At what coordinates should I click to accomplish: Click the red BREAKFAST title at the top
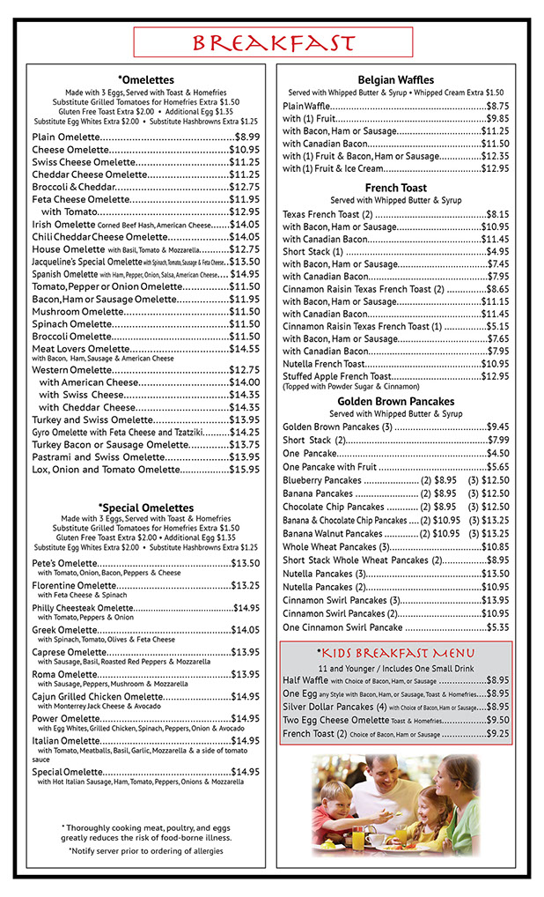click(273, 43)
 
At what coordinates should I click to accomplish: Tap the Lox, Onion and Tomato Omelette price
click(244, 470)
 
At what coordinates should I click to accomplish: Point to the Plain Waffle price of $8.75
click(497, 106)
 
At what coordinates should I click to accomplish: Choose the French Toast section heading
click(395, 188)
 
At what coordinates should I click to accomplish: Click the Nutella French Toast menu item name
click(323, 364)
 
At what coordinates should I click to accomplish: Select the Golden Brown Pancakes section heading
click(395, 401)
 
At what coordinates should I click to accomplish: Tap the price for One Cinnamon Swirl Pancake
click(497, 627)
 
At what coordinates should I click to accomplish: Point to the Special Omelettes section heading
click(146, 508)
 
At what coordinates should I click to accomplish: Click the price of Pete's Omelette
click(246, 563)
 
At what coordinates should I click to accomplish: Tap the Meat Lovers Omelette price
click(244, 349)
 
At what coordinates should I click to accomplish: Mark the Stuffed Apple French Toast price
click(495, 376)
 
